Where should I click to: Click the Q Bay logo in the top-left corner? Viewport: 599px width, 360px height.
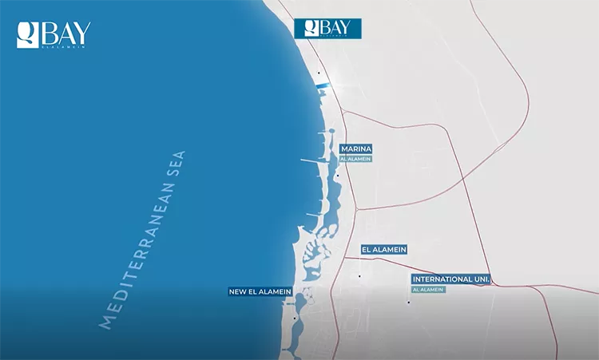click(54, 34)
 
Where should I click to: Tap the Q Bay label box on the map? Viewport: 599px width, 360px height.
click(327, 28)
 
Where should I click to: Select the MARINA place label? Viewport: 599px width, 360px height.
click(356, 149)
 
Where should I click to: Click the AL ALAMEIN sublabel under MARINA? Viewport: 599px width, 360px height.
click(355, 159)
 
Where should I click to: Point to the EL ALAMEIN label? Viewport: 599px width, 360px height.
click(384, 250)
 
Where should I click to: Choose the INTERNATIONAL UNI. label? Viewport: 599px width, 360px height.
click(450, 279)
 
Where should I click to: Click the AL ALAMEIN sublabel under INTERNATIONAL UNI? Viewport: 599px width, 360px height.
click(428, 289)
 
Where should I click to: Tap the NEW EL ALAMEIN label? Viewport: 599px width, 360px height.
click(260, 291)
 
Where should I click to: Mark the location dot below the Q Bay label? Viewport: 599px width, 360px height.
click(318, 73)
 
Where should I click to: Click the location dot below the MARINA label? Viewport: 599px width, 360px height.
click(337, 176)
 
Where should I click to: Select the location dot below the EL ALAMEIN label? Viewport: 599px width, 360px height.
click(359, 276)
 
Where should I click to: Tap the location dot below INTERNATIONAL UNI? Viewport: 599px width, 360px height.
click(409, 302)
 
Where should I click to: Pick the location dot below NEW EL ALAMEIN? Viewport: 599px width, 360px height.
click(295, 318)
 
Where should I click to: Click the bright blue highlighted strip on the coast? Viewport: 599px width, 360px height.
click(322, 85)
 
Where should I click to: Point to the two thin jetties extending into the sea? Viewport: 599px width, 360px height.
click(311, 162)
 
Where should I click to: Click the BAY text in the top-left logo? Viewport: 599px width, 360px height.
click(65, 33)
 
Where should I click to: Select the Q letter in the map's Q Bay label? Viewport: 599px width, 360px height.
click(307, 28)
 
